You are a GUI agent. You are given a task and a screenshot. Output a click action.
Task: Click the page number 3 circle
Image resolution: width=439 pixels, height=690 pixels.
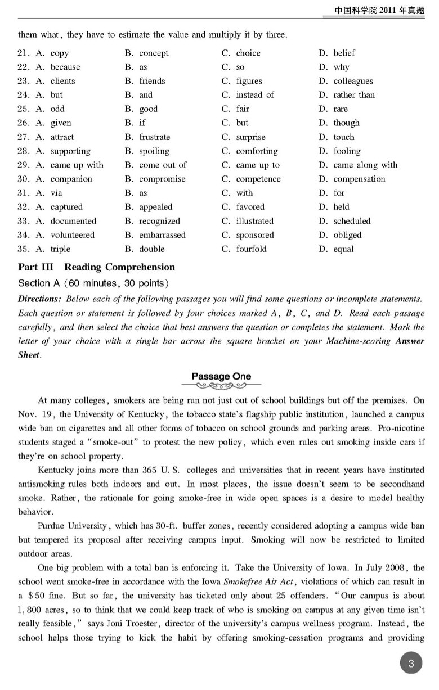click(411, 664)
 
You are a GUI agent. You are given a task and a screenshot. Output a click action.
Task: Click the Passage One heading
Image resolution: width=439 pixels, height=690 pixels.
click(221, 376)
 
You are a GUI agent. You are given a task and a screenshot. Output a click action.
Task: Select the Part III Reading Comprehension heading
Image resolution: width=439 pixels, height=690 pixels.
click(96, 267)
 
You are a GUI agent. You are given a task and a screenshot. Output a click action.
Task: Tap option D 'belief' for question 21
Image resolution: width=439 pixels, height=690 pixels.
click(344, 53)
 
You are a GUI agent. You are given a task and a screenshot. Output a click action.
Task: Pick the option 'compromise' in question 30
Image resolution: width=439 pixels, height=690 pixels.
click(162, 179)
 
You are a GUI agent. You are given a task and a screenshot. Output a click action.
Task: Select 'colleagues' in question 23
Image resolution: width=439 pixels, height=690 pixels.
click(353, 81)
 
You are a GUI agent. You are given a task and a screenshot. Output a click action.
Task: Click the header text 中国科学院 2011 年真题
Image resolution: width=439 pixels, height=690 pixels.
click(379, 10)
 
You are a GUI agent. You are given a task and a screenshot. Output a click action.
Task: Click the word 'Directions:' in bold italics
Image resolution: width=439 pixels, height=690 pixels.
click(39, 299)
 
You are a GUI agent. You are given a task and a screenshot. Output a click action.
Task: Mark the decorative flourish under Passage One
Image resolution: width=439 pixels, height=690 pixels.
click(221, 386)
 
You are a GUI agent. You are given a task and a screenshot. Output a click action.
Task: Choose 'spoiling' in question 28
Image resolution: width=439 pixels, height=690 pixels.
click(154, 151)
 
